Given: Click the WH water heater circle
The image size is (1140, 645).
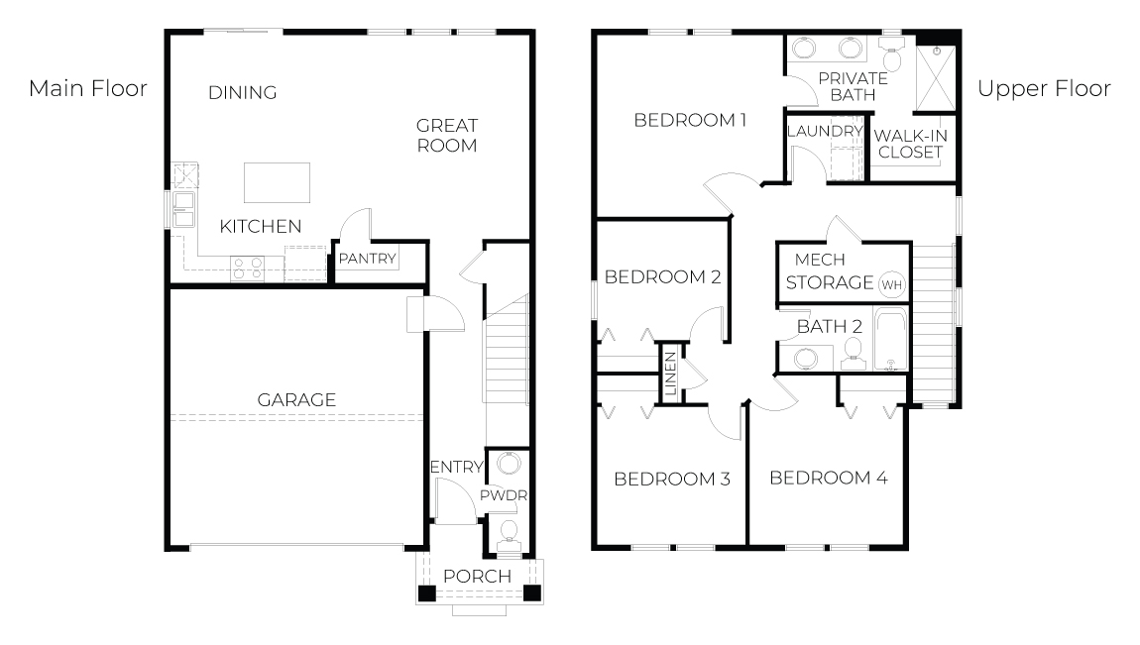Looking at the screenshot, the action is [x=891, y=284].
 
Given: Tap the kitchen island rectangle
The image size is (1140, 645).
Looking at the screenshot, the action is [x=277, y=182].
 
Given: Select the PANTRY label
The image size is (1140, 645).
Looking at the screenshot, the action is [x=367, y=259].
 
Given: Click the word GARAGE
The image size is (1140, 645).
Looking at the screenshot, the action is [x=296, y=399].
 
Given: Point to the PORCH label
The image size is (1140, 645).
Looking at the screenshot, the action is [x=477, y=576].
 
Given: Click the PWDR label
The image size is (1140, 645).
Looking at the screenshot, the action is [x=504, y=495].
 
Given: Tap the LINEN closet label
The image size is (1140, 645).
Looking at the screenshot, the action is [x=671, y=373].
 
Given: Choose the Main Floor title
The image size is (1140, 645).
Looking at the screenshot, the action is [x=88, y=88].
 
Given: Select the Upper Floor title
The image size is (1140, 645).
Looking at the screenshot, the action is [x=1044, y=88].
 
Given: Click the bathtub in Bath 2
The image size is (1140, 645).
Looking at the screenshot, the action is [x=890, y=340].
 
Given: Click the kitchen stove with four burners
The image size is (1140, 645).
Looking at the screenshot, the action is [x=247, y=269].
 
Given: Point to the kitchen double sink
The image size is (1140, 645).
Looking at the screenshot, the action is [x=183, y=209].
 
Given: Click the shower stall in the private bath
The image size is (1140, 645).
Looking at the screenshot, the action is [x=935, y=78].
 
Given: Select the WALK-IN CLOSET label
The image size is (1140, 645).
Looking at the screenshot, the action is [x=910, y=144].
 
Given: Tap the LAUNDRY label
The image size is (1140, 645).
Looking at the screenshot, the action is [x=825, y=132].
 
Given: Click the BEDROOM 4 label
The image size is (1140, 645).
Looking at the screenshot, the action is [x=828, y=478].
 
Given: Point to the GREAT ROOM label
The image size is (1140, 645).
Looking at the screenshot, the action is [x=446, y=135].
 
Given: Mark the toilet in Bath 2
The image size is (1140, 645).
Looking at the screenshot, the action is [x=853, y=353].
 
